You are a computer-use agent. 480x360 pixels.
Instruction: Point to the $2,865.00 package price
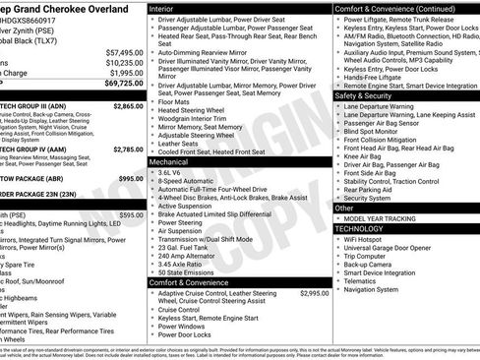128,104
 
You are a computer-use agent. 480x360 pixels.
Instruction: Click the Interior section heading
167,8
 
